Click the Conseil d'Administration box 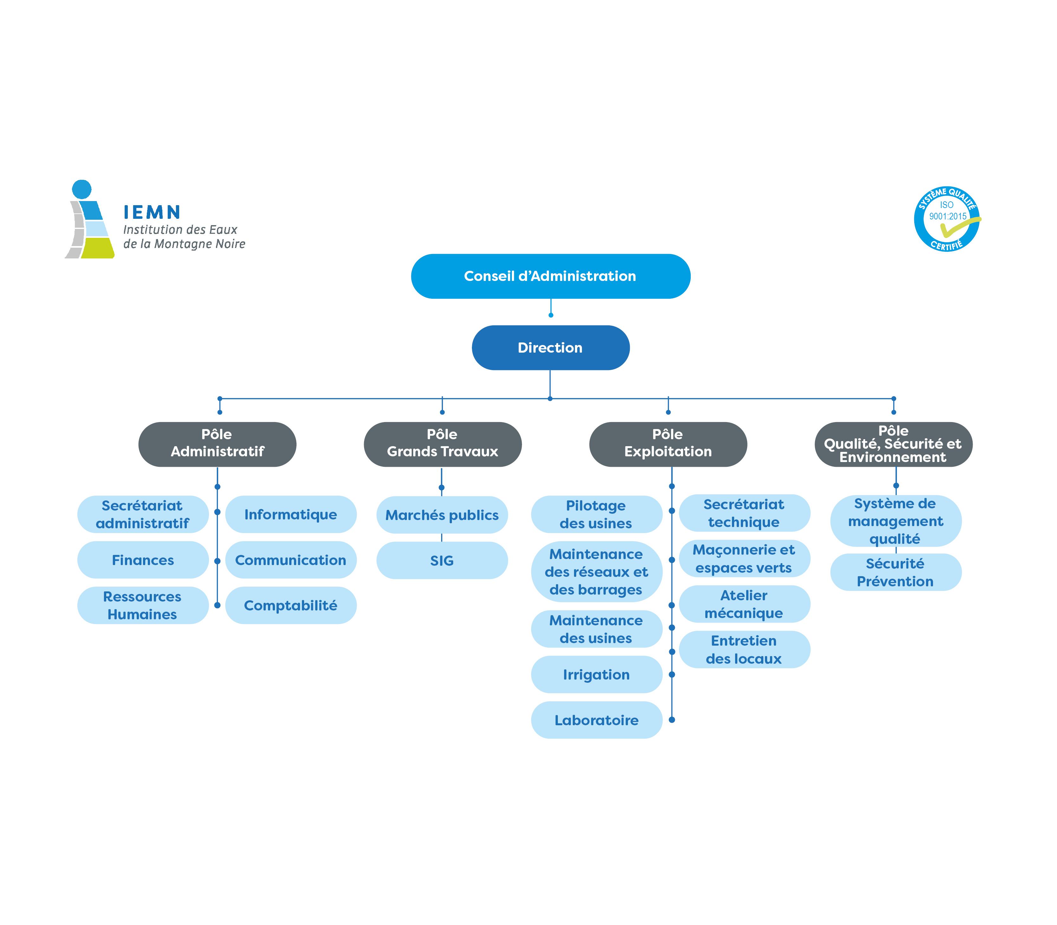[x=550, y=276]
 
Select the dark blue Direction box [x=550, y=348]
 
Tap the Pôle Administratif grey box [x=217, y=445]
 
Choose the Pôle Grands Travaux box [x=442, y=445]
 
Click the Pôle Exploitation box [x=668, y=445]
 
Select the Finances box [x=143, y=560]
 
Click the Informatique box [x=290, y=515]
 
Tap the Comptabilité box [x=290, y=605]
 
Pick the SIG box [x=442, y=561]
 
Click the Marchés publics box [x=442, y=515]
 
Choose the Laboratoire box [x=596, y=720]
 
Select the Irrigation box [x=596, y=675]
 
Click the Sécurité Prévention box [x=896, y=572]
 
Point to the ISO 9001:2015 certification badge [x=947, y=219]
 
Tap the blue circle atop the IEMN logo [x=82, y=189]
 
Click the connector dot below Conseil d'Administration [x=551, y=315]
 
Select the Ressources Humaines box [x=143, y=605]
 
